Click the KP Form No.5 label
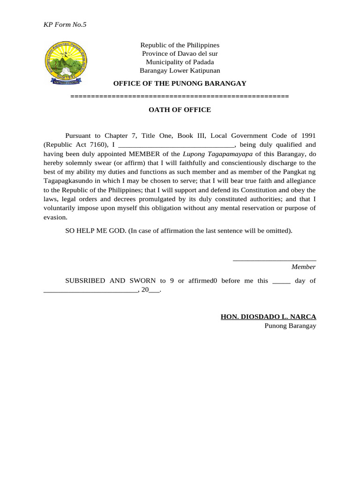[65, 25]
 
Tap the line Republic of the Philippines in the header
[180, 45]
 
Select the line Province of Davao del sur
[180, 53]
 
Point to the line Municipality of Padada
[180, 62]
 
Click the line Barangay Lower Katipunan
[180, 71]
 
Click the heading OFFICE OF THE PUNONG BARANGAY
[180, 83]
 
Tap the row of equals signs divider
[180, 96]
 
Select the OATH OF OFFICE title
[180, 110]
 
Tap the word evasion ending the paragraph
[55, 217]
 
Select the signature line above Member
[274, 259]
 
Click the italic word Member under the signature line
[303, 267]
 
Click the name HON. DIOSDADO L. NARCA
[268, 317]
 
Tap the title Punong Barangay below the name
[290, 326]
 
